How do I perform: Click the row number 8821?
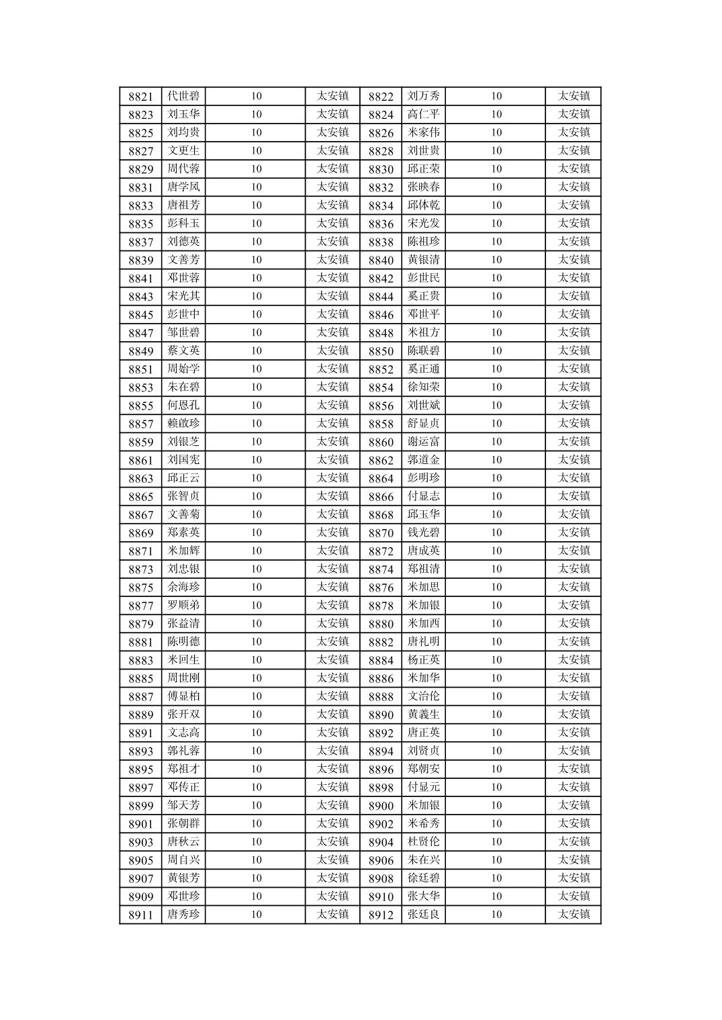tap(140, 97)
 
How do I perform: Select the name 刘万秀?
tap(424, 96)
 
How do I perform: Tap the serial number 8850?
tap(381, 351)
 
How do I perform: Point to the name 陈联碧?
tap(424, 351)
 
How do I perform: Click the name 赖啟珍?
tap(183, 423)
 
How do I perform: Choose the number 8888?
tap(381, 696)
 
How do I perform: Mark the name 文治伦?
tap(424, 696)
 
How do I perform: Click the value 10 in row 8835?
tap(256, 224)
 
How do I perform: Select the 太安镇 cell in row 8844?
tap(574, 296)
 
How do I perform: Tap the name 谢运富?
tap(424, 441)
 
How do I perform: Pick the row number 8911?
tap(140, 915)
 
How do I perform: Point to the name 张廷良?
tap(424, 914)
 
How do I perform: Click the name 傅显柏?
tap(183, 696)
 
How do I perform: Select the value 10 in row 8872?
tap(496, 551)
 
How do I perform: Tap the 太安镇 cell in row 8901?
tap(332, 823)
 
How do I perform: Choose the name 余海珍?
tap(183, 587)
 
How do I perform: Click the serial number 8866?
tap(381, 497)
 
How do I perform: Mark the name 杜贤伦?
tap(424, 841)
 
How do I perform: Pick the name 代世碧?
tap(183, 96)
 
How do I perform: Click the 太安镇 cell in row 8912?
tap(574, 914)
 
